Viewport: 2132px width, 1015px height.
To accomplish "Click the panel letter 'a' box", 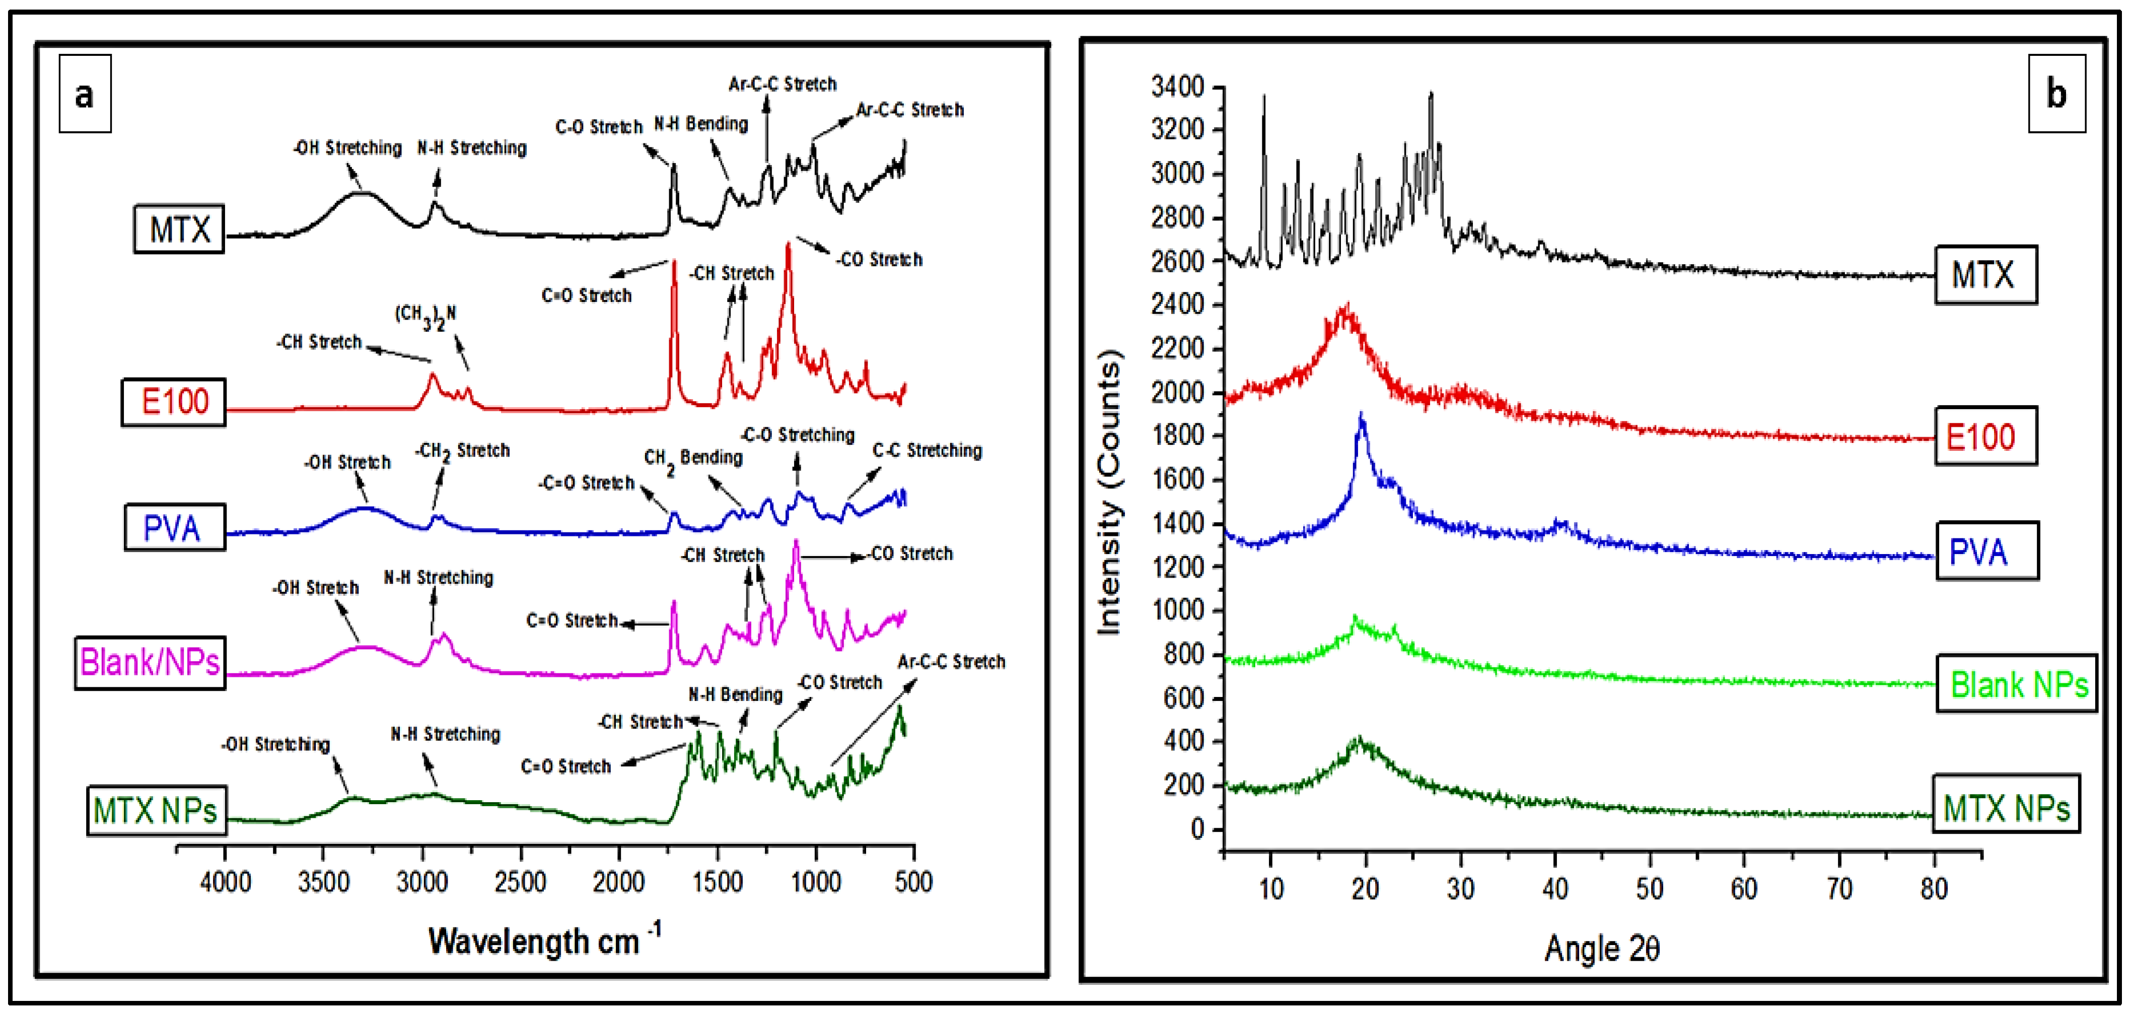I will tap(85, 94).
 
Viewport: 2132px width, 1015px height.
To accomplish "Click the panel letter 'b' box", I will tap(2056, 94).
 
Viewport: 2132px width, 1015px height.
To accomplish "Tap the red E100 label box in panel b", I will tap(1984, 436).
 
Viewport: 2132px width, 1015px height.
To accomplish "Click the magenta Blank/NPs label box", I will tap(150, 662).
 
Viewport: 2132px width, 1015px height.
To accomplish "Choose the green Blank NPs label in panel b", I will tap(2017, 684).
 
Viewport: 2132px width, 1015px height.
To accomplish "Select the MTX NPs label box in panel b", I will tap(2006, 807).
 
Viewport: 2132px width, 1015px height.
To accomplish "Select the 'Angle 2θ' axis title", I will tap(1601, 948).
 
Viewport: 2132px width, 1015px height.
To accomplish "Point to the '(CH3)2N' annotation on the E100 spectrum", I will tap(424, 315).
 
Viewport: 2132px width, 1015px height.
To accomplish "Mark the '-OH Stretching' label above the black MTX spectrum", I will tap(347, 148).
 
